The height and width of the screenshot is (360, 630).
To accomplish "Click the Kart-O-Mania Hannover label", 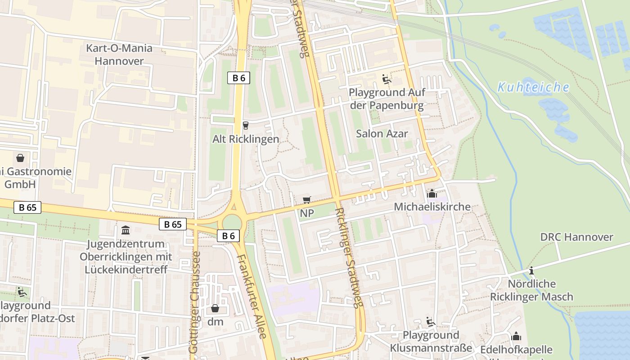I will pyautogui.click(x=119, y=54).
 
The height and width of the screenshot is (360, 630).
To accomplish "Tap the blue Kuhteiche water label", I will pyautogui.click(x=533, y=87).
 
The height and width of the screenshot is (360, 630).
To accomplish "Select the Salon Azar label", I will pyautogui.click(x=382, y=134).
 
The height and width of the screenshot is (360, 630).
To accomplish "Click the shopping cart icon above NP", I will pyautogui.click(x=307, y=200).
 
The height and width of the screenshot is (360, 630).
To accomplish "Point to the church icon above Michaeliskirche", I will pyautogui.click(x=432, y=193).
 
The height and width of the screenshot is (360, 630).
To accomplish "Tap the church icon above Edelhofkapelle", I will pyautogui.click(x=516, y=336).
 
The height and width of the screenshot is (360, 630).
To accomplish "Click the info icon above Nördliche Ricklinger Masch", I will pyautogui.click(x=531, y=270).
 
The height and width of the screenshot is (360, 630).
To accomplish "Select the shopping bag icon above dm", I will pyautogui.click(x=215, y=308).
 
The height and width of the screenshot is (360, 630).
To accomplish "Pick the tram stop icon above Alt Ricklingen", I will pyautogui.click(x=245, y=125).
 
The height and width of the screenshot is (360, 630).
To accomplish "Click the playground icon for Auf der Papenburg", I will pyautogui.click(x=386, y=79).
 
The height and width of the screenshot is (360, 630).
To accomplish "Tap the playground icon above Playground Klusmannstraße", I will pyautogui.click(x=431, y=322).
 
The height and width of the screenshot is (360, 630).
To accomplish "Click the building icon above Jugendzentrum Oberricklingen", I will pyautogui.click(x=126, y=230).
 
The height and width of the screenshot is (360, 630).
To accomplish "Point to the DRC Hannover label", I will pyautogui.click(x=576, y=237).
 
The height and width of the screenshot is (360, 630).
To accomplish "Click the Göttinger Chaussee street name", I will pyautogui.click(x=194, y=301).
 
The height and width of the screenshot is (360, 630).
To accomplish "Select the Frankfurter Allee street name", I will pyautogui.click(x=252, y=296).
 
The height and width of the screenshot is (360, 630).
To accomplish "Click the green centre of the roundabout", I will pyautogui.click(x=232, y=222).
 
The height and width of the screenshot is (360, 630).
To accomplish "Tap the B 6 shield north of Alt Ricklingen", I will pyautogui.click(x=238, y=78).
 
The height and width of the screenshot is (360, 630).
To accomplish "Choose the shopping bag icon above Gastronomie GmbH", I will pyautogui.click(x=20, y=158).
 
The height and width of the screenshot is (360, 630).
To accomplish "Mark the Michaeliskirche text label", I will pyautogui.click(x=432, y=207).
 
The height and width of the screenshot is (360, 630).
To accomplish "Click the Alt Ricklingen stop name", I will pyautogui.click(x=246, y=139).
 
